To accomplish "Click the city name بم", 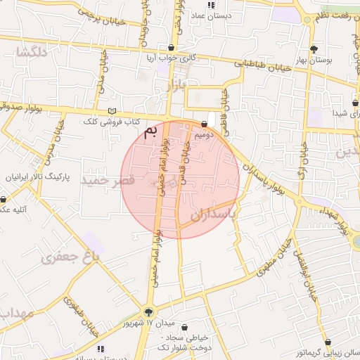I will pos(149,133).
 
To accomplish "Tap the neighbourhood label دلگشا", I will pos(33,51).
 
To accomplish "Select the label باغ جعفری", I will pos(72,257).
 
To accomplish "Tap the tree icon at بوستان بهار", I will pos(314,49).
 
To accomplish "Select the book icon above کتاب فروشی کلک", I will pos(112,111).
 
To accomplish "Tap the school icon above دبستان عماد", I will pos(217,3).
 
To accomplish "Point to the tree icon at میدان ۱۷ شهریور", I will pos(148,312).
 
